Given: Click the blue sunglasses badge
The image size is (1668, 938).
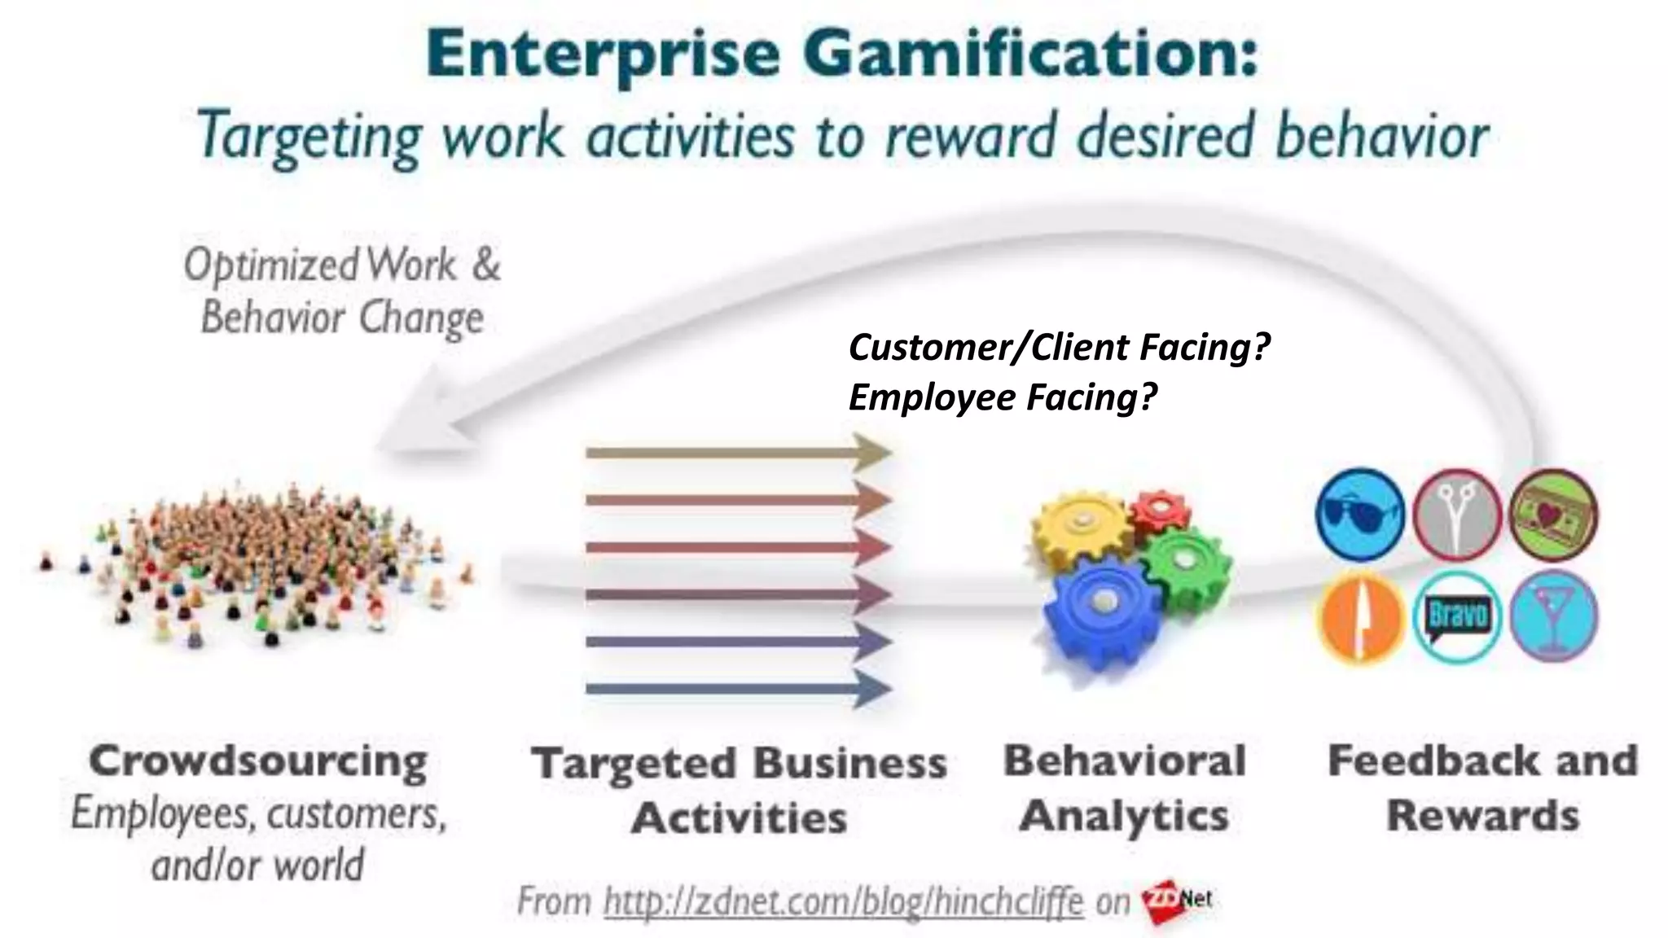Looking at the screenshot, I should click(x=1359, y=515).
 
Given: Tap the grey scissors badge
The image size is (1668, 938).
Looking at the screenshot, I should click(x=1457, y=515).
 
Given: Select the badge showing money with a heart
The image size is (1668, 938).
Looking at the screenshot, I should click(x=1553, y=515).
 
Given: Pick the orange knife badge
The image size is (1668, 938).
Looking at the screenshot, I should click(x=1359, y=616).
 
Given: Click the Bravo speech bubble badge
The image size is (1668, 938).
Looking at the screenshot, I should click(x=1457, y=616).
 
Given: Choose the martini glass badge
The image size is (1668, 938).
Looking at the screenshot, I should click(x=1553, y=616).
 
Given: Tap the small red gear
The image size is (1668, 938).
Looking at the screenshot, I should click(x=1160, y=511).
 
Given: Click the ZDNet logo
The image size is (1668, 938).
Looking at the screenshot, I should click(x=1178, y=901).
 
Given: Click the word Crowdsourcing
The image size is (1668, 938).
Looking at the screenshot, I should click(x=258, y=762).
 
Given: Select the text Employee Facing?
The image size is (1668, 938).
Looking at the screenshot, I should click(x=1002, y=397).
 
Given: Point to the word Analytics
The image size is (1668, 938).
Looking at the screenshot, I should click(x=1124, y=816).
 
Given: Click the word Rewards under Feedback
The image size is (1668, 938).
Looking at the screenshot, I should click(x=1482, y=816).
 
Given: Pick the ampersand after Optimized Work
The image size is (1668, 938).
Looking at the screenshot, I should click(x=485, y=265).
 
